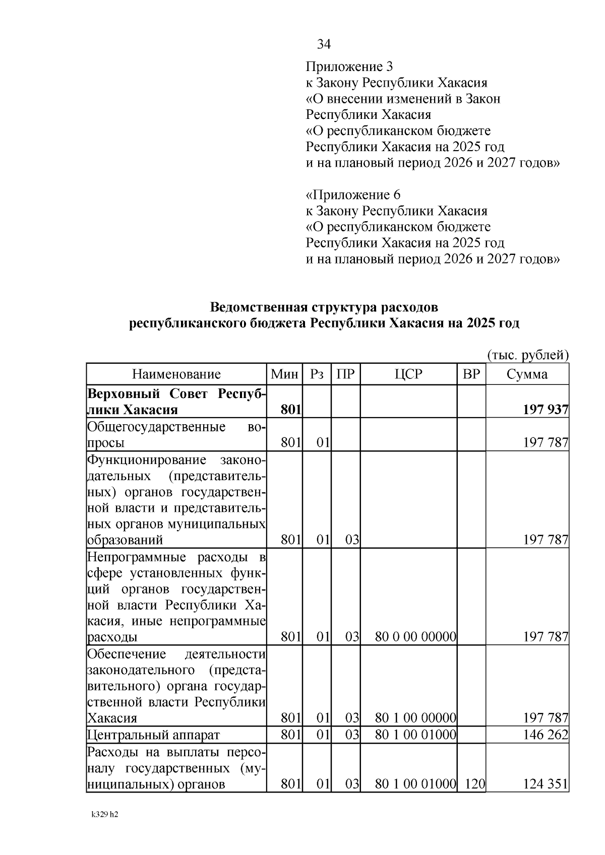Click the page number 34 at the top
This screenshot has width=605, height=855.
tap(324, 44)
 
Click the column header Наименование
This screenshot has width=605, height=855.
tap(176, 374)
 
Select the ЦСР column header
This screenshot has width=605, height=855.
tap(408, 374)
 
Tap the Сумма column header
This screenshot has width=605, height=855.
tap(527, 374)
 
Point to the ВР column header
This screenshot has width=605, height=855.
tap(471, 374)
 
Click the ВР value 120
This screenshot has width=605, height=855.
tap(474, 784)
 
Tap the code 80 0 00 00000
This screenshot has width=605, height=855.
tap(416, 637)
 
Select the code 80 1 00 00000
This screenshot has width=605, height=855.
tap(416, 718)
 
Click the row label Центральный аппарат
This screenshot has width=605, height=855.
tap(154, 735)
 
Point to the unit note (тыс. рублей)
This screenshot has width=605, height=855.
tap(528, 355)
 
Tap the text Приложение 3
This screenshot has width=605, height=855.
tap(349, 67)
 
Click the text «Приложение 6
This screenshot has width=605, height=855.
tap(353, 195)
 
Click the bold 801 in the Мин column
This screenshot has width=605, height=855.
tap(291, 410)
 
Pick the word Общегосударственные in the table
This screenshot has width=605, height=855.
tap(156, 427)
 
